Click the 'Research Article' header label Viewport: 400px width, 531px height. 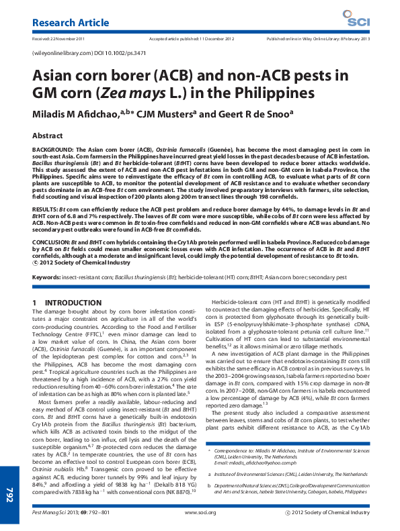pos(71,23)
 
